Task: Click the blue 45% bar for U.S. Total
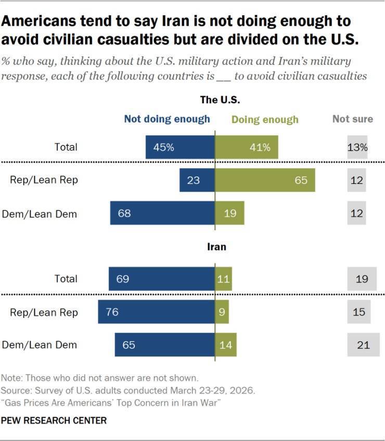[x=180, y=147]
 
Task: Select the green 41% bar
[x=247, y=147]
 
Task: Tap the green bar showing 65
[x=265, y=180]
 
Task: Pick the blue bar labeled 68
[x=162, y=213]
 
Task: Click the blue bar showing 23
[x=197, y=180]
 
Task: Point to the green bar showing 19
[x=230, y=213]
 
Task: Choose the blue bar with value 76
[x=156, y=312]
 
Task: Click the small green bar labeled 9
[x=222, y=312]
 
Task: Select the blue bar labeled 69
[x=162, y=279]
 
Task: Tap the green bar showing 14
[x=226, y=345]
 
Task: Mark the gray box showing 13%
[x=357, y=147]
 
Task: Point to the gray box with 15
[x=359, y=312]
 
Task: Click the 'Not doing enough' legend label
[x=167, y=119]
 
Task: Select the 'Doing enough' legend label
[x=265, y=119]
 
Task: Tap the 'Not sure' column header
[x=353, y=118]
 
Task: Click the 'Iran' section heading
[x=216, y=247]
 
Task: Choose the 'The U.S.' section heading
[x=220, y=100]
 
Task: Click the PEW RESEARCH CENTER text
[x=54, y=420]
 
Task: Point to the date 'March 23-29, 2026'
[x=212, y=391]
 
